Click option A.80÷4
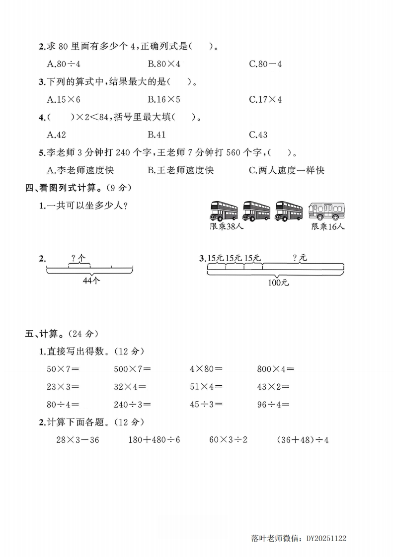coord(64,64)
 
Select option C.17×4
coord(265,99)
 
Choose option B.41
coord(157,135)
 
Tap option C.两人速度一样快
coord(287,170)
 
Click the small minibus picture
coord(327,211)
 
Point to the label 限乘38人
coord(227,226)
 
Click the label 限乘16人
coord(328,226)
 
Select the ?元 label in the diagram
coord(300,257)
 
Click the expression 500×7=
coord(132,369)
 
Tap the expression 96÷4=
coord(273,405)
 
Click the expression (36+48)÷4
coord(303,440)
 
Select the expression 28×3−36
coord(78,440)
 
